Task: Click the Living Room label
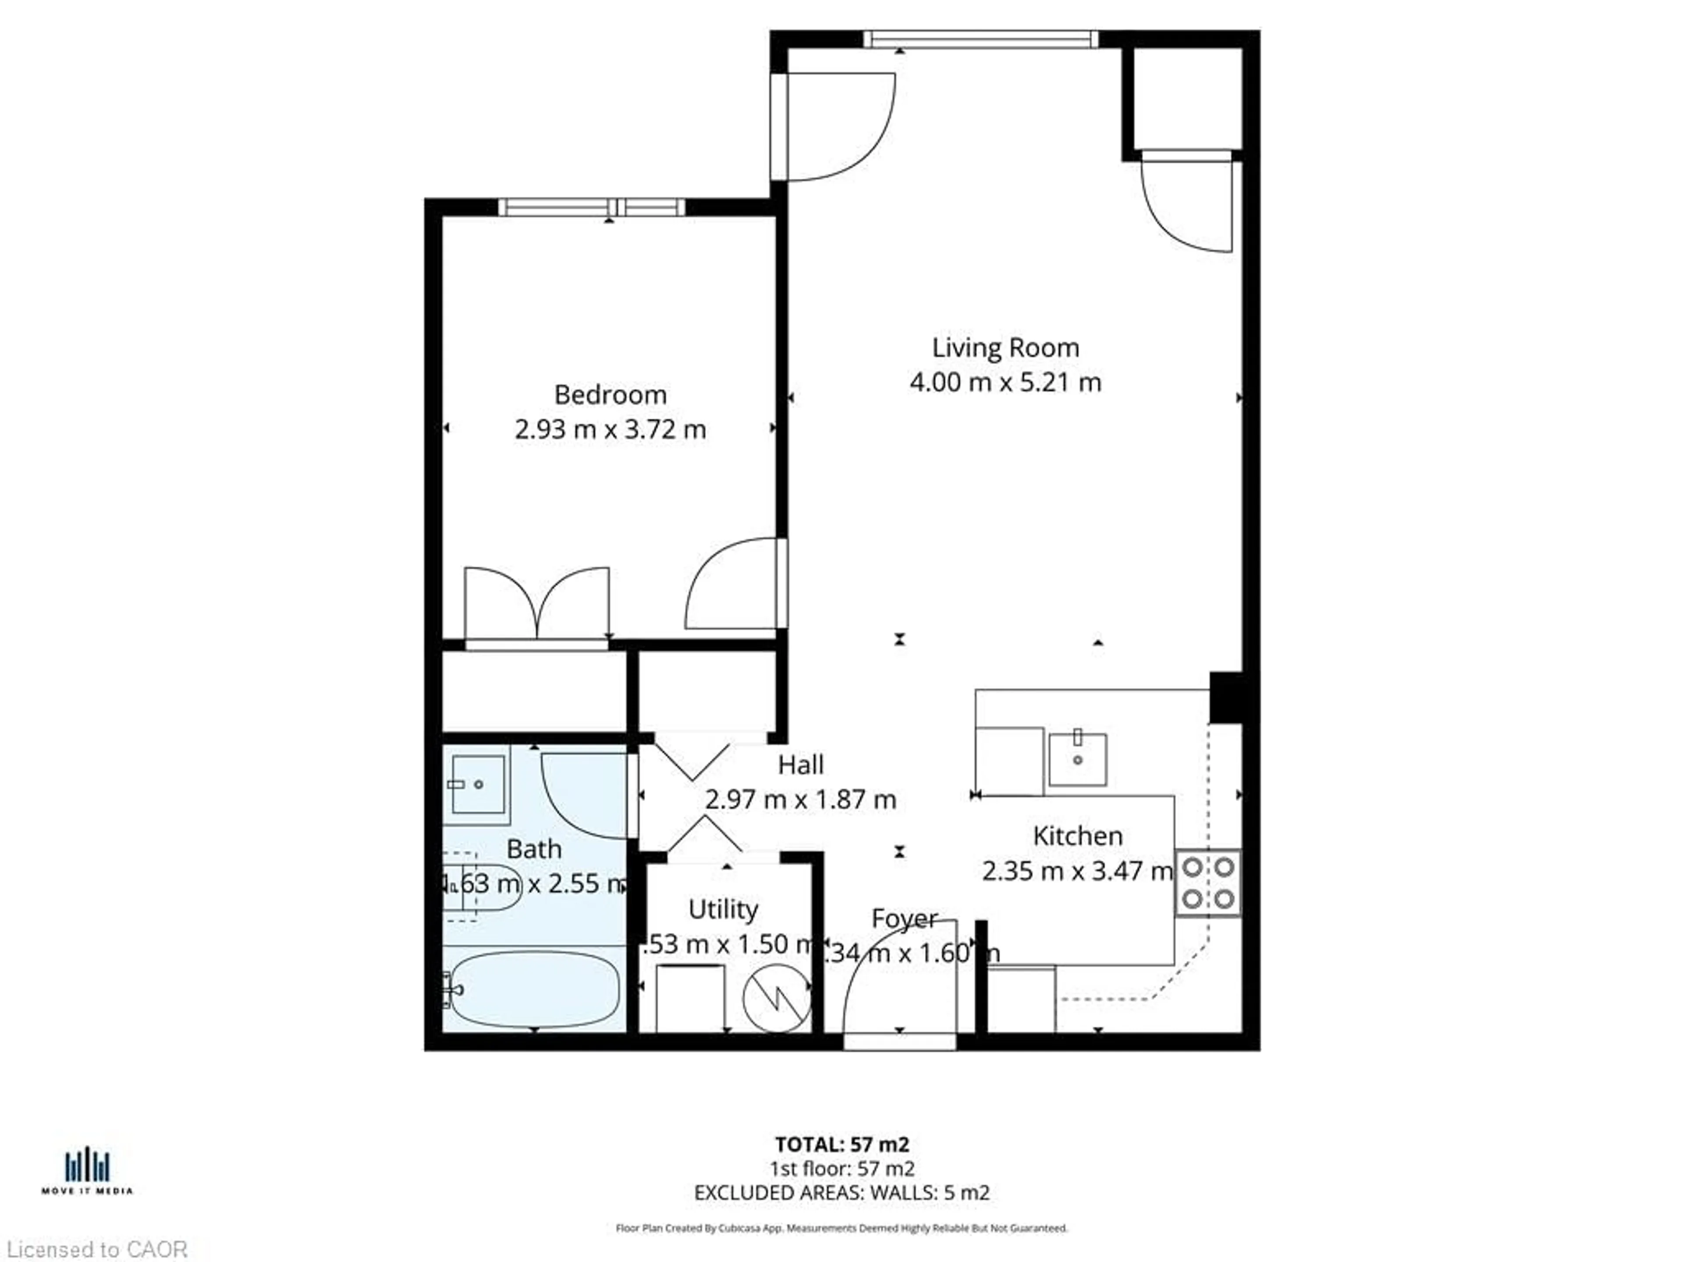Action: pyautogui.click(x=1005, y=347)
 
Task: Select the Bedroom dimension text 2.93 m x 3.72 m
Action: pyautogui.click(x=610, y=430)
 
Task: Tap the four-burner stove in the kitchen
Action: pyautogui.click(x=1207, y=883)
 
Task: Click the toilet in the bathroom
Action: pyautogui.click(x=483, y=887)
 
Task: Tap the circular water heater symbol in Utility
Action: pyautogui.click(x=776, y=997)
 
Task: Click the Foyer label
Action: pyautogui.click(x=904, y=918)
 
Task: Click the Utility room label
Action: pyautogui.click(x=723, y=909)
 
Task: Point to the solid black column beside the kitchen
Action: pyautogui.click(x=1226, y=697)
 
